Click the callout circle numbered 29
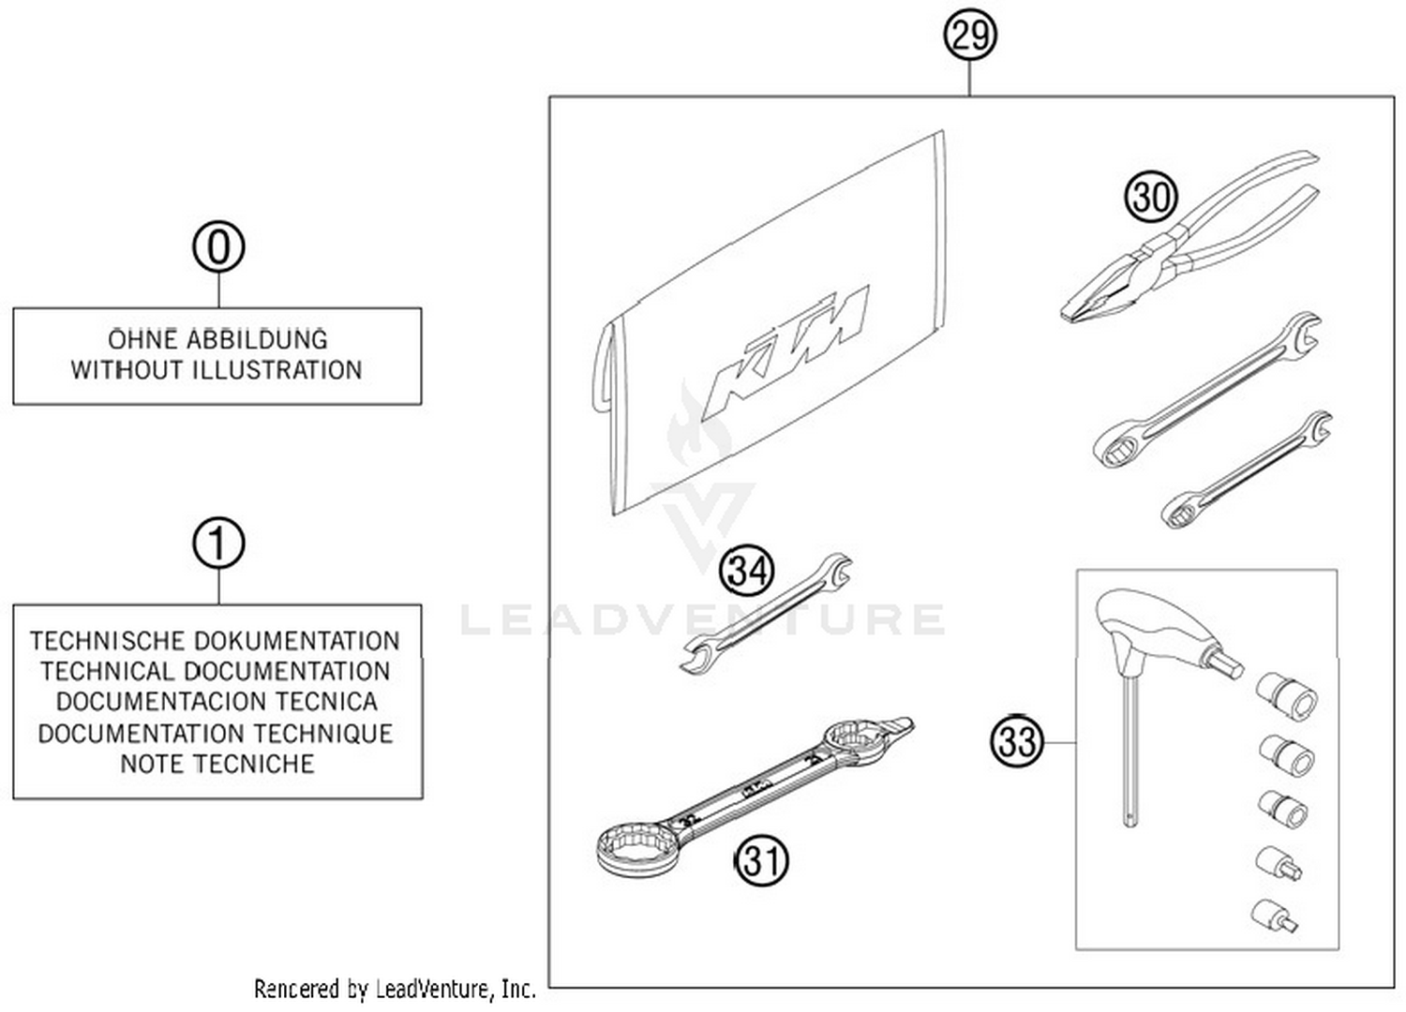pos(969,37)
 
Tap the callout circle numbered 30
pos(1150,197)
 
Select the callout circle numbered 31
pos(761,859)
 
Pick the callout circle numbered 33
pos(1017,741)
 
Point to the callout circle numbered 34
pos(747,571)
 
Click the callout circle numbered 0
pos(218,248)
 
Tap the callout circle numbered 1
pos(218,543)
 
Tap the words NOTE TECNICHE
pos(217,764)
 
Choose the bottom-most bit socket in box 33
pos(1276,915)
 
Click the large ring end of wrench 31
pos(638,848)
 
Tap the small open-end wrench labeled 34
pos(765,613)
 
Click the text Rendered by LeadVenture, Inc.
pos(395,989)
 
